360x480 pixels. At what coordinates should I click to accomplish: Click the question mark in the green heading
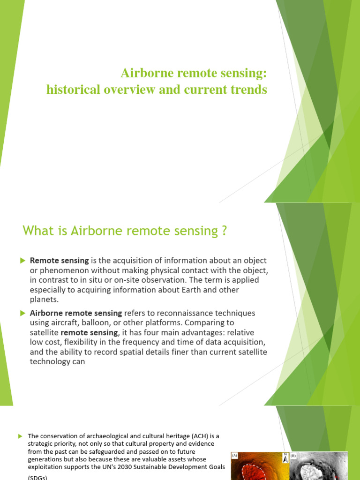pos(223,231)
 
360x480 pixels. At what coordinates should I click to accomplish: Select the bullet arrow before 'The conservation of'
pos(20,436)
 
